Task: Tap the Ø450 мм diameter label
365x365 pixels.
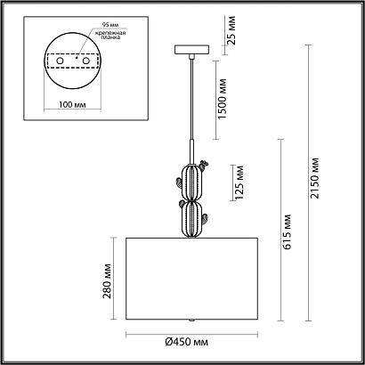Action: pyautogui.click(x=189, y=342)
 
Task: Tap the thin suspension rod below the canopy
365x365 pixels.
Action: pyautogui.click(x=190, y=98)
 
